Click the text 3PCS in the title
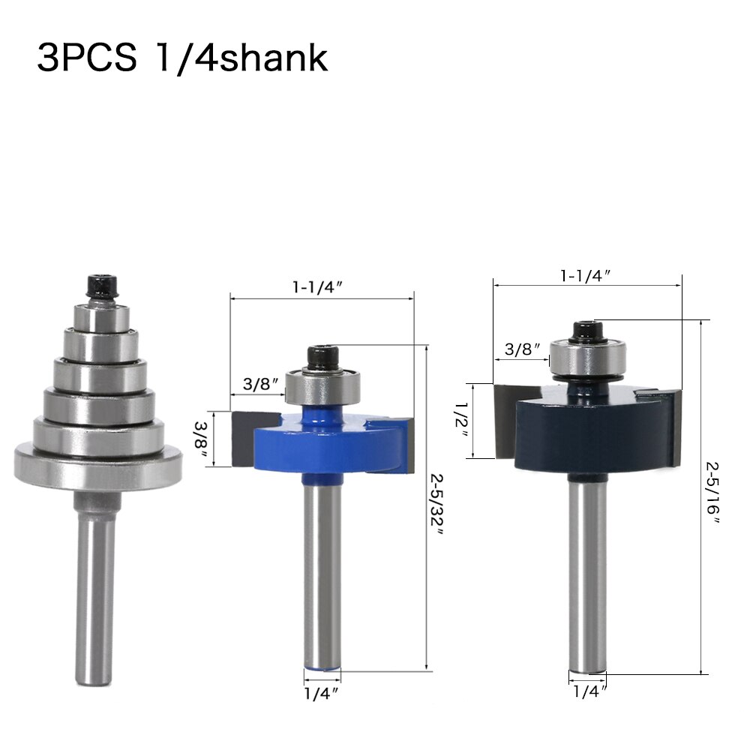point(86,58)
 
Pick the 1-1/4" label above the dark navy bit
point(586,275)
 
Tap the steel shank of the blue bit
point(322,570)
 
